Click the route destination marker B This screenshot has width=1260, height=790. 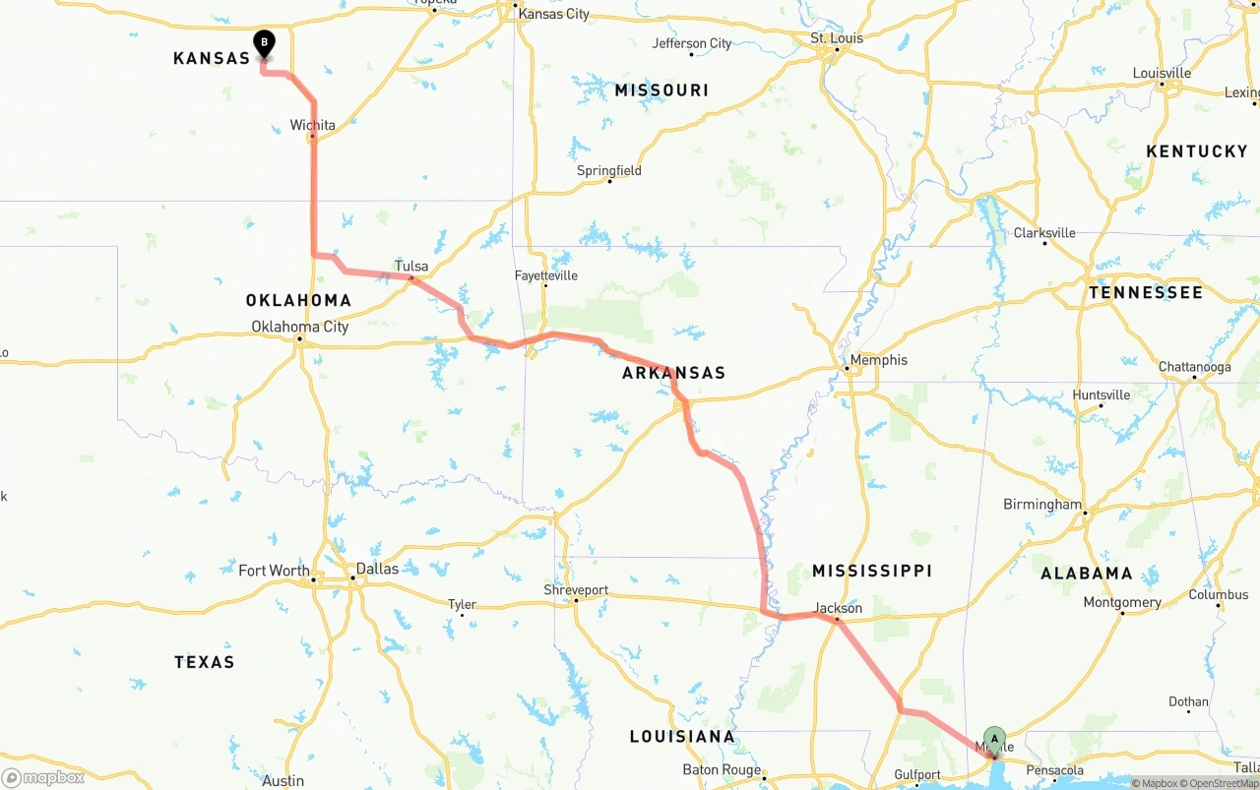click(x=264, y=43)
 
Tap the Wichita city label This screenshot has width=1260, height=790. click(x=312, y=125)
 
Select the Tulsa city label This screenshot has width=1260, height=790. click(x=411, y=267)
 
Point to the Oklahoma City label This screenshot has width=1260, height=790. click(x=299, y=327)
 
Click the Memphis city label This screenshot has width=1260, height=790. click(x=878, y=360)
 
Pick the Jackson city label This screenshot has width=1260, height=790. click(x=838, y=608)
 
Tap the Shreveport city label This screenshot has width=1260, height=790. click(x=576, y=590)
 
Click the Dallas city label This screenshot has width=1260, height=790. click(x=377, y=569)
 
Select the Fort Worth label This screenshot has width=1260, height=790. click(x=274, y=571)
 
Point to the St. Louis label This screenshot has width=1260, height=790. click(x=837, y=38)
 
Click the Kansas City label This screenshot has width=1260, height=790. click(x=553, y=14)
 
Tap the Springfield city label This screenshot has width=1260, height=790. click(x=608, y=170)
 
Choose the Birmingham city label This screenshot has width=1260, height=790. click(x=1041, y=505)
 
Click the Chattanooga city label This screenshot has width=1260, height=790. click(x=1194, y=367)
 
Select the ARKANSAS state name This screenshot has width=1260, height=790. click(x=673, y=373)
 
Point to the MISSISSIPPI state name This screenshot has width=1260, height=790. click(x=871, y=571)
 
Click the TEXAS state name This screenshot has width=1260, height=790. click(x=205, y=662)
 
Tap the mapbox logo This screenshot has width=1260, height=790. click(x=43, y=777)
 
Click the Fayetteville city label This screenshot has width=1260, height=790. click(x=546, y=275)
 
